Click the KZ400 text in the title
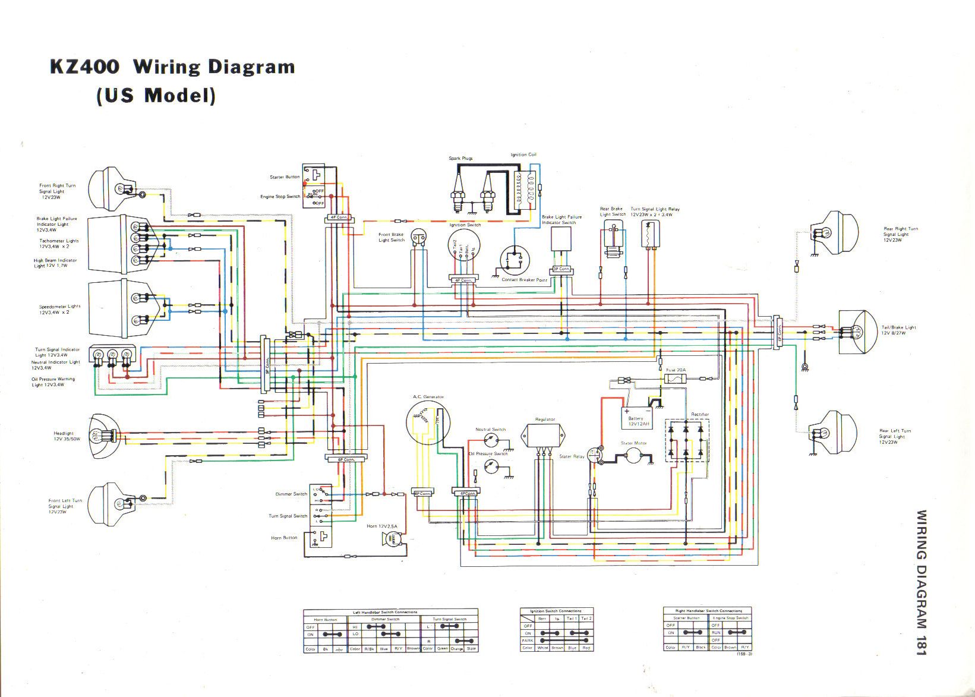coord(84,67)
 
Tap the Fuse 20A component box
coord(676,379)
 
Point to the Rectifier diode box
coord(687,440)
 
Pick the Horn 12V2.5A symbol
coord(393,540)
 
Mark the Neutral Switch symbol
coord(491,439)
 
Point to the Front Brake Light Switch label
coord(392,237)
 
